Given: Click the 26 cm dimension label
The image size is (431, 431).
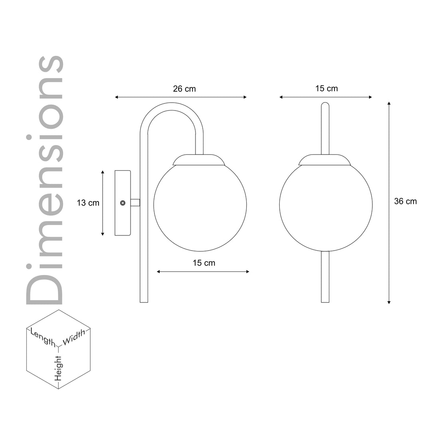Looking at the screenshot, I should [x=184, y=89].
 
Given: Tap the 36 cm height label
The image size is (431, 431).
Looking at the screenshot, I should [x=405, y=202].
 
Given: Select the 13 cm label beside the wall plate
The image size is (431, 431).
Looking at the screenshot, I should [x=88, y=203].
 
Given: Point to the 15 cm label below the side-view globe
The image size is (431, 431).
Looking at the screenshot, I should [x=204, y=263].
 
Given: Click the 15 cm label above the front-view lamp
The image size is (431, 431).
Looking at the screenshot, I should [x=326, y=89].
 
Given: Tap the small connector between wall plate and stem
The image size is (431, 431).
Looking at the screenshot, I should [x=135, y=203].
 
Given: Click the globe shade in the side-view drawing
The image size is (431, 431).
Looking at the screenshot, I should [x=200, y=208].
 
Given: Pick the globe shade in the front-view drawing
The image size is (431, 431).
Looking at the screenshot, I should [x=326, y=208].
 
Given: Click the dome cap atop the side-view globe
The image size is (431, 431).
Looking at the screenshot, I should [x=198, y=160].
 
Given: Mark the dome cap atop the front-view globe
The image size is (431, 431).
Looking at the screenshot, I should [x=325, y=160].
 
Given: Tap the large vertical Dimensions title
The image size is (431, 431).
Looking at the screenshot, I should [x=45, y=180].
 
